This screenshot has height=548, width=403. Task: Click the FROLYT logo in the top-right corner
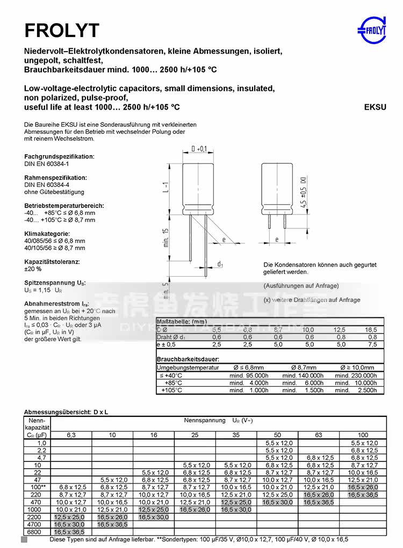click(372, 30)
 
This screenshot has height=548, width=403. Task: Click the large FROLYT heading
click(62, 31)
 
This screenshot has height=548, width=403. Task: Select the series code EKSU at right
click(375, 107)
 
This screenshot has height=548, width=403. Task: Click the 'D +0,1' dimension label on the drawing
click(199, 149)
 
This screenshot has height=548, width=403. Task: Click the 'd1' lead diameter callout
click(220, 264)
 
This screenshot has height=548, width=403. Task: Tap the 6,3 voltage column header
click(71, 434)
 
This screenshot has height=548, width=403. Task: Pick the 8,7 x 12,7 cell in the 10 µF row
click(364, 465)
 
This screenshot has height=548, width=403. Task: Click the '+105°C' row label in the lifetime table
click(172, 390)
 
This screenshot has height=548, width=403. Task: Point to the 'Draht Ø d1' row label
click(171, 337)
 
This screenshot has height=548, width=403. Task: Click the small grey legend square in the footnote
click(24, 539)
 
